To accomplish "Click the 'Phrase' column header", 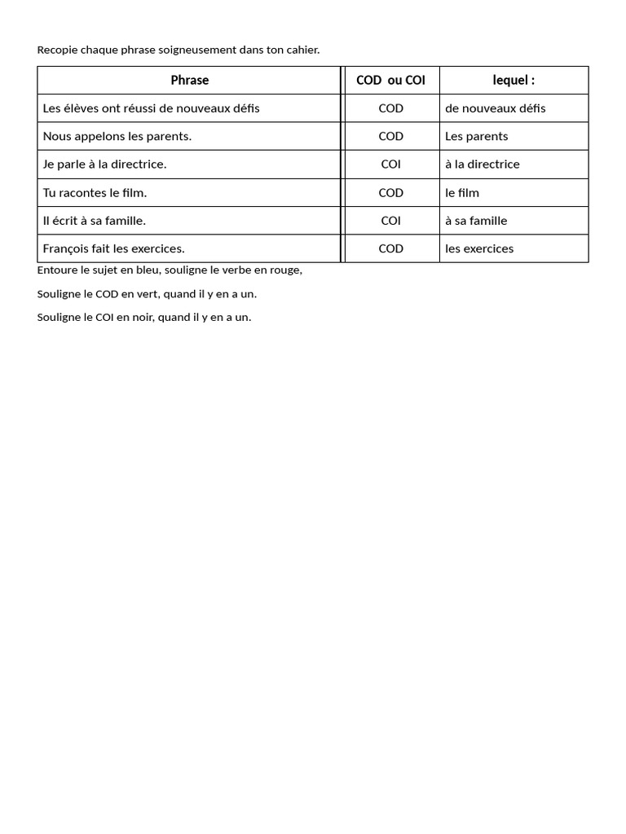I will click(x=189, y=80).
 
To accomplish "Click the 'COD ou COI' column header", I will click(x=390, y=80).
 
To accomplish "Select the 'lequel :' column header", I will click(x=514, y=80).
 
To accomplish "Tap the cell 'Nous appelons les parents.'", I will click(x=117, y=136).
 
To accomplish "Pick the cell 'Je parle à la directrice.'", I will click(x=104, y=164).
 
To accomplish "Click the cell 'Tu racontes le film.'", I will click(x=95, y=192).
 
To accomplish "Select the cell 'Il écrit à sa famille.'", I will click(x=94, y=220).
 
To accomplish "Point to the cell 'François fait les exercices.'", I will click(x=113, y=248).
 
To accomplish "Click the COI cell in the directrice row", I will click(x=390, y=164).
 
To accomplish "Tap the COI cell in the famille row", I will click(x=390, y=220).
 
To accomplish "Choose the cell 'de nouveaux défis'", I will click(x=495, y=108).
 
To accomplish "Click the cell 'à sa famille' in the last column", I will click(x=476, y=220).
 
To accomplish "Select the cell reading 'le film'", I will click(x=462, y=192).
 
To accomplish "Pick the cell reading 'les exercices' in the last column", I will click(x=479, y=248).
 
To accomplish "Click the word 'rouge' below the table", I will click(x=284, y=270).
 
